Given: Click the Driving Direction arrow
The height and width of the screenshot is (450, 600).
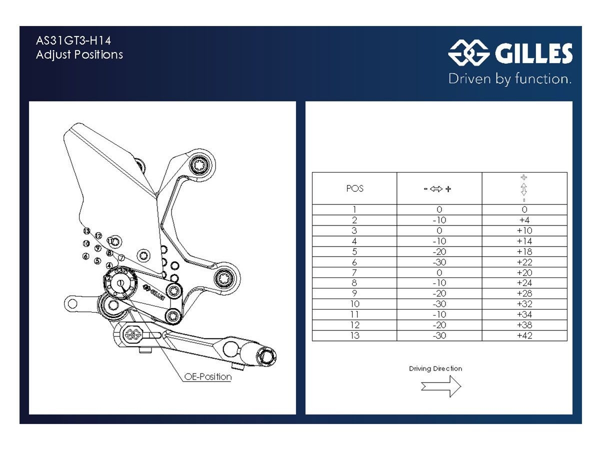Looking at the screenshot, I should point(441,386).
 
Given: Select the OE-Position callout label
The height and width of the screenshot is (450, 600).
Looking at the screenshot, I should point(208,377).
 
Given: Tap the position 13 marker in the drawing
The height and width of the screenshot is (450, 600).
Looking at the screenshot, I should point(86,231).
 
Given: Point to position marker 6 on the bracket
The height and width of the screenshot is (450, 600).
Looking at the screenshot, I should point(86,256).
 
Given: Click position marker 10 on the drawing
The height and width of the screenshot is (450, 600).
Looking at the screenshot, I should point(86,243).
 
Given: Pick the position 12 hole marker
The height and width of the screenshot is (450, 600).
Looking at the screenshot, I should point(98,235).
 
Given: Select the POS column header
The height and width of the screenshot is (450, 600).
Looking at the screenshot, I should point(354,188).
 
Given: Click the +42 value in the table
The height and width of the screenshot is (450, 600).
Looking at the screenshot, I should point(524,335).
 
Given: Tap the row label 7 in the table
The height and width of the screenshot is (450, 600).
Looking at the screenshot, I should point(354,272).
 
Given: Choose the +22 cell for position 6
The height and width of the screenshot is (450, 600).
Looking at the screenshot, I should point(524,262).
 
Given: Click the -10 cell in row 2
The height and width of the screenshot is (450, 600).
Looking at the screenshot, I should point(439,220).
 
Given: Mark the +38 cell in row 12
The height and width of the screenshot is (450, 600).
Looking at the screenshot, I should point(524,325).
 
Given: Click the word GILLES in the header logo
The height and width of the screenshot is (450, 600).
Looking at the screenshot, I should point(533,54).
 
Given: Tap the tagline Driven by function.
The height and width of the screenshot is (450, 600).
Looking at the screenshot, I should point(509,78).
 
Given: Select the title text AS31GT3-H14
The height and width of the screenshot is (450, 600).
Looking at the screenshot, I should point(73,40).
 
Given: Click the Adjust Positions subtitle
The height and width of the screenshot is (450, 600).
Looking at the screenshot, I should point(79,54).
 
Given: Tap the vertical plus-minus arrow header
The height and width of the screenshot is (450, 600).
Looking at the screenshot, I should point(524,188).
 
